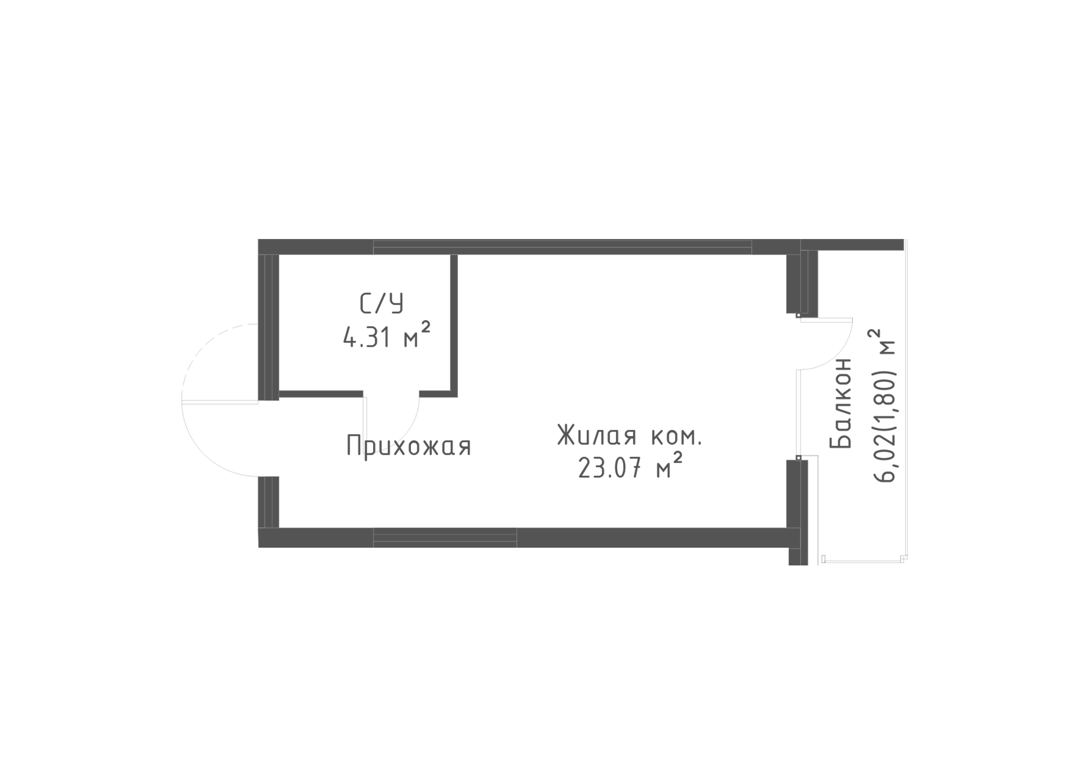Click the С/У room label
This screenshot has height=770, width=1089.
coord(382,304)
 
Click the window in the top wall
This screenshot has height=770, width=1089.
coord(563,247)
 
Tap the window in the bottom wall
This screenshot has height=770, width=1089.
coord(445,538)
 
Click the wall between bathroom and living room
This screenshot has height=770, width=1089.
coord(454,326)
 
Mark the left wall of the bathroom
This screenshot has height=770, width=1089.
coord(268,327)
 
